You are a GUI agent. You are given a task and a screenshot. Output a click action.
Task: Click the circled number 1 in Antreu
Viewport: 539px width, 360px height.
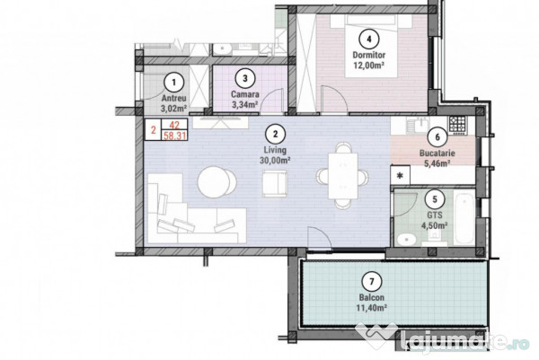174,83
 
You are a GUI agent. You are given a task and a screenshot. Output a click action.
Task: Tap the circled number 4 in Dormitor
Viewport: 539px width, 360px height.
369,39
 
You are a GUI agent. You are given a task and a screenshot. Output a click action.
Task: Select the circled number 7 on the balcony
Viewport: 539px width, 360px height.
372,282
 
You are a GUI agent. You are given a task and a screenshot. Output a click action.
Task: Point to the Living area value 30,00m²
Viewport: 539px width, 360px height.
275,161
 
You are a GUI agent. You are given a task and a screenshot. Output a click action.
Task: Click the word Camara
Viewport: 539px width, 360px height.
244,94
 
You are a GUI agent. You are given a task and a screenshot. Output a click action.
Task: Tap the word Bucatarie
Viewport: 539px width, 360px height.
437,154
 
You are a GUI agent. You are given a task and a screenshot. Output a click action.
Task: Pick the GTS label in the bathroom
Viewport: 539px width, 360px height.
435,215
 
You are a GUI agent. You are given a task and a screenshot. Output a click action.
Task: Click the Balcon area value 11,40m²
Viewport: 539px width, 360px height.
372,307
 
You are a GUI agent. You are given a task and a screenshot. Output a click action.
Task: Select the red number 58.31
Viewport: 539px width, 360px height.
174,136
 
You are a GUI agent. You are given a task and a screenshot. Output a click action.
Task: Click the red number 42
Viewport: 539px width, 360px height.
174,125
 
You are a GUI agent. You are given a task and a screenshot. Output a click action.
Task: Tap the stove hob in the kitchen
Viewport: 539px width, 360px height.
457,124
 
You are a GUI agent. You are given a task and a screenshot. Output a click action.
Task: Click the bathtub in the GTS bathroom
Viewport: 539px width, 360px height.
464,218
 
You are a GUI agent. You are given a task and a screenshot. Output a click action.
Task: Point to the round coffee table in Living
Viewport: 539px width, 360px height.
216,181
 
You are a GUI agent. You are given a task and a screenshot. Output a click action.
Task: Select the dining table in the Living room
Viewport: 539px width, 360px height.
343,176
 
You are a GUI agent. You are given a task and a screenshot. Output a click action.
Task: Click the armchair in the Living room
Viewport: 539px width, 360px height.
275,184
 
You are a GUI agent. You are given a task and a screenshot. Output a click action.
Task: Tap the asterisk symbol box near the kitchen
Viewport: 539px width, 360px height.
400,176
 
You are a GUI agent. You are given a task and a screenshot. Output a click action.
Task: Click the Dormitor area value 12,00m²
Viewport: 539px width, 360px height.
369,65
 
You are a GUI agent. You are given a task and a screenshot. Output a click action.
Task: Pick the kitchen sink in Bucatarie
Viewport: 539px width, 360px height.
418,125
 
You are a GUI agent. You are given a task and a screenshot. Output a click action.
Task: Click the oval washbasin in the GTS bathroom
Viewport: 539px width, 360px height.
406,239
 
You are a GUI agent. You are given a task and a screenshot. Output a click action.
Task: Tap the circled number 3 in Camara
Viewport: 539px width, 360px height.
244,78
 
